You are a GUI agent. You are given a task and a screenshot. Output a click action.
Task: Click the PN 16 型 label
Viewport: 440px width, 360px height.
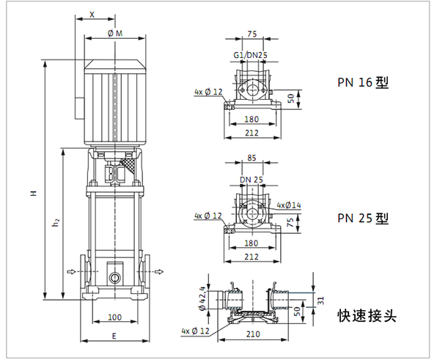(x=362, y=83)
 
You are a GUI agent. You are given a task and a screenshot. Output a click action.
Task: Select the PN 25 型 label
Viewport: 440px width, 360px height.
(x=362, y=218)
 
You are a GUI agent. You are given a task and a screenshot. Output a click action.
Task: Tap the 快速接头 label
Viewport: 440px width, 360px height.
(x=367, y=316)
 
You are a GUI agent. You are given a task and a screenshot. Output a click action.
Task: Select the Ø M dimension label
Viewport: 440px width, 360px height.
(x=114, y=33)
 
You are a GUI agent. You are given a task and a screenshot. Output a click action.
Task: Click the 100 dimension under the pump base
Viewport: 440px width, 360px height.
(x=114, y=317)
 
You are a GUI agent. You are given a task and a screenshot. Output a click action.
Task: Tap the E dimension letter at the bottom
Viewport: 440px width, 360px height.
(x=114, y=335)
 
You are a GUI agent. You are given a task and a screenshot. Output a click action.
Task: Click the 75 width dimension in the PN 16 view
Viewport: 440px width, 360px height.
(x=252, y=34)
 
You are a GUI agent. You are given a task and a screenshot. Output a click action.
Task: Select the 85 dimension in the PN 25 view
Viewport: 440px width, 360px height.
(x=252, y=158)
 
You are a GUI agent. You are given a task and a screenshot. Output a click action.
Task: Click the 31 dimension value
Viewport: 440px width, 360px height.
(x=320, y=299)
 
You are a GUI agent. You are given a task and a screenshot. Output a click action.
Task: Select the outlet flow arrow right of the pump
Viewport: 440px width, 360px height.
(x=158, y=272)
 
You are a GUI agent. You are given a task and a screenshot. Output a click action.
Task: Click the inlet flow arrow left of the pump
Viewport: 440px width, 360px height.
(x=71, y=272)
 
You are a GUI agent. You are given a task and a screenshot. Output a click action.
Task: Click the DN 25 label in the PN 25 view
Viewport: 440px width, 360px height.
(x=251, y=179)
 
